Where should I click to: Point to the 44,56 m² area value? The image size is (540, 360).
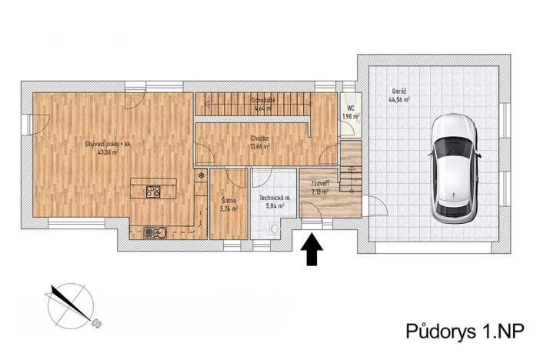click(x=399, y=100)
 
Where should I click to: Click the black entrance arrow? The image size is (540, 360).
click(x=312, y=251)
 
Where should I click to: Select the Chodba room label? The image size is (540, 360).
click(x=259, y=138)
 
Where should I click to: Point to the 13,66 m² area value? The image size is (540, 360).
click(x=259, y=145)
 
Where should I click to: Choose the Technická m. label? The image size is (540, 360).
click(x=275, y=198)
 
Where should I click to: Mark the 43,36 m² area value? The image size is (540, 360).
click(x=108, y=152)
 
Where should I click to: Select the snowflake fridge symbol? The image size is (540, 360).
click(x=202, y=176)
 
